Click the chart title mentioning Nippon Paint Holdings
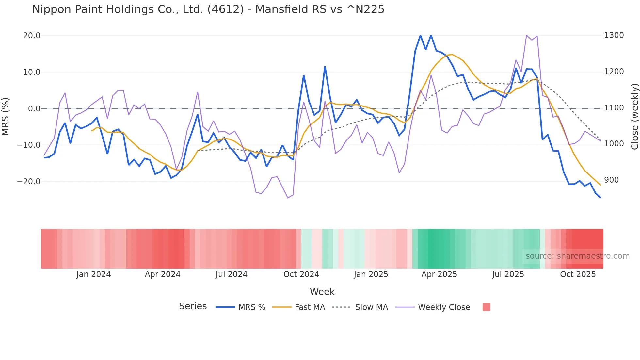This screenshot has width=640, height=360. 208,9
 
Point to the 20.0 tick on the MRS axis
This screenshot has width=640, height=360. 32,36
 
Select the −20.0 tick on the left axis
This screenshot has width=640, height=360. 29,181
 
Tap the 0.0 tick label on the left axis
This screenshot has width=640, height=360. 34,108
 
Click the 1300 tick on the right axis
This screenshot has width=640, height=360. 614,35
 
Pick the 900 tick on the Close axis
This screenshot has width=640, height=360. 611,180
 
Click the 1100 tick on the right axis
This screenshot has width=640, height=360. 614,108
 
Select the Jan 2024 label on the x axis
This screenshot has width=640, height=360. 94,274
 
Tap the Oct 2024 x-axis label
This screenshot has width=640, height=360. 301,274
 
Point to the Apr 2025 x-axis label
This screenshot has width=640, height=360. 439,274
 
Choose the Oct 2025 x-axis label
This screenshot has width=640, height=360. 578,274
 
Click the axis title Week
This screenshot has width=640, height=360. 322,292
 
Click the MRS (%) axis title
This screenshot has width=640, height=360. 6,116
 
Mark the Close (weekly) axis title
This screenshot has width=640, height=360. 634,116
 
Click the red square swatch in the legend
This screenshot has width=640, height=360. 486,307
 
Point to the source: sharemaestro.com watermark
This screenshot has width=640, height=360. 577,256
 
